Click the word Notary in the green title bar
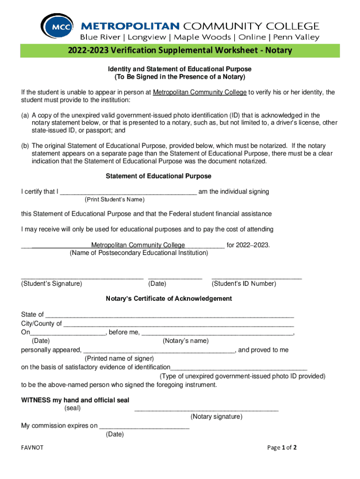(279, 51)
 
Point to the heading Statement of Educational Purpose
(158, 176)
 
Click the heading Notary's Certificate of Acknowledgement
(169, 298)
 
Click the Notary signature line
(206, 410)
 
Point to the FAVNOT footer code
(32, 448)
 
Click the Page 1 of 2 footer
(281, 448)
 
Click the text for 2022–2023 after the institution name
(248, 245)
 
